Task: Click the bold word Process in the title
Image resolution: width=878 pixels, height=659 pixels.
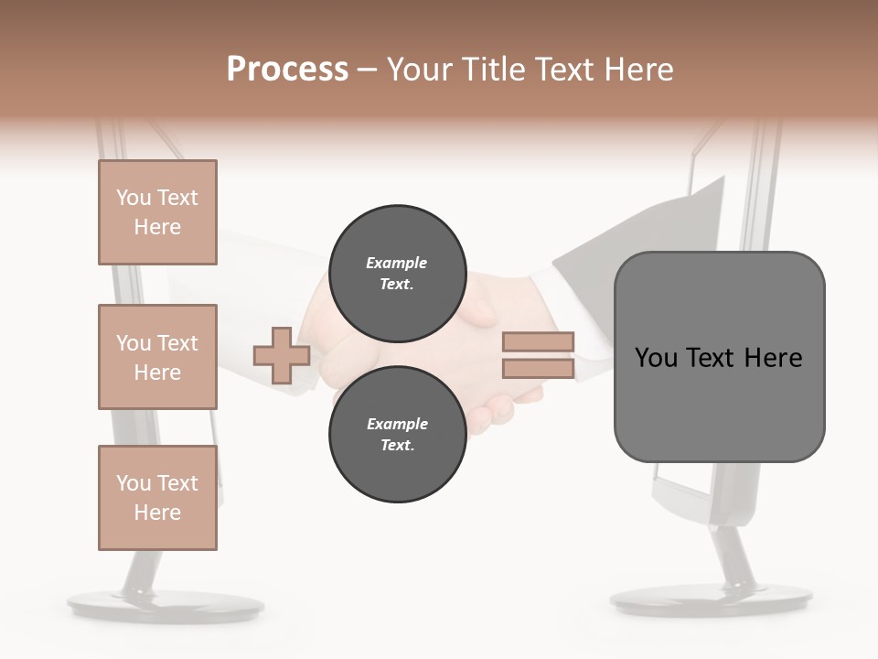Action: click(287, 69)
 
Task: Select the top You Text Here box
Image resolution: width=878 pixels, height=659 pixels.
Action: click(157, 212)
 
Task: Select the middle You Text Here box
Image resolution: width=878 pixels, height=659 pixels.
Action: click(157, 357)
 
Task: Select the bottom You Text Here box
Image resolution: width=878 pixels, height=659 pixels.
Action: click(157, 497)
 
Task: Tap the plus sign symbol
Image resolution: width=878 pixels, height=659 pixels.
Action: click(281, 355)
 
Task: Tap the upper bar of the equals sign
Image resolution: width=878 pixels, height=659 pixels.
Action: click(539, 342)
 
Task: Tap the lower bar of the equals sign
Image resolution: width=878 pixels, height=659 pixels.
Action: click(539, 369)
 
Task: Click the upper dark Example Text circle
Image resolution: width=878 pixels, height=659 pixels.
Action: click(397, 273)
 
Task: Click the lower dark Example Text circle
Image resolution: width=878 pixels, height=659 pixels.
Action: click(397, 434)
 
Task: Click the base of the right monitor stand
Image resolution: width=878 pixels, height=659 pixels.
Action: click(711, 600)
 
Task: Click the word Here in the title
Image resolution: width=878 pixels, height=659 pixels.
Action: click(639, 70)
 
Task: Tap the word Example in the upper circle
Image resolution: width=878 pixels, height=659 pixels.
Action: click(397, 263)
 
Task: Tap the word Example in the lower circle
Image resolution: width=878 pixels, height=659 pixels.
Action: click(397, 424)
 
